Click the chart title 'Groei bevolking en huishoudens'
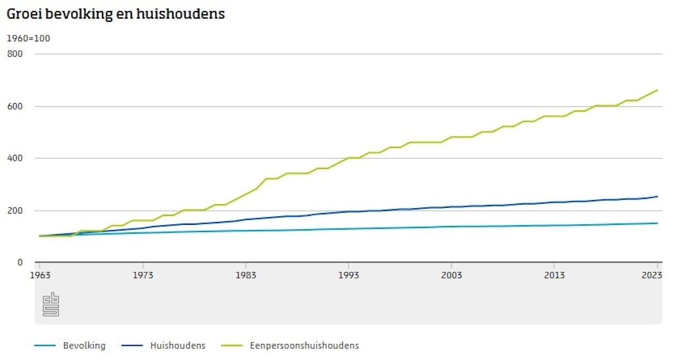pos(115,14)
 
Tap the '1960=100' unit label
pos(28,38)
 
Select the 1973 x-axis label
pos(143,275)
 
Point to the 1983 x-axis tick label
pos(246,275)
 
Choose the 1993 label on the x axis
pos(349,275)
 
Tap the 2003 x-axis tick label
pos(452,275)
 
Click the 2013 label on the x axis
pos(554,275)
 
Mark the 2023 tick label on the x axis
pos(652,275)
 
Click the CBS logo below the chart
pos(51,304)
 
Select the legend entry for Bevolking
pos(84,346)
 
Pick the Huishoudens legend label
pos(178,346)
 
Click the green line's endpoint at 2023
pos(657,90)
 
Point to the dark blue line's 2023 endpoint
pos(657,197)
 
